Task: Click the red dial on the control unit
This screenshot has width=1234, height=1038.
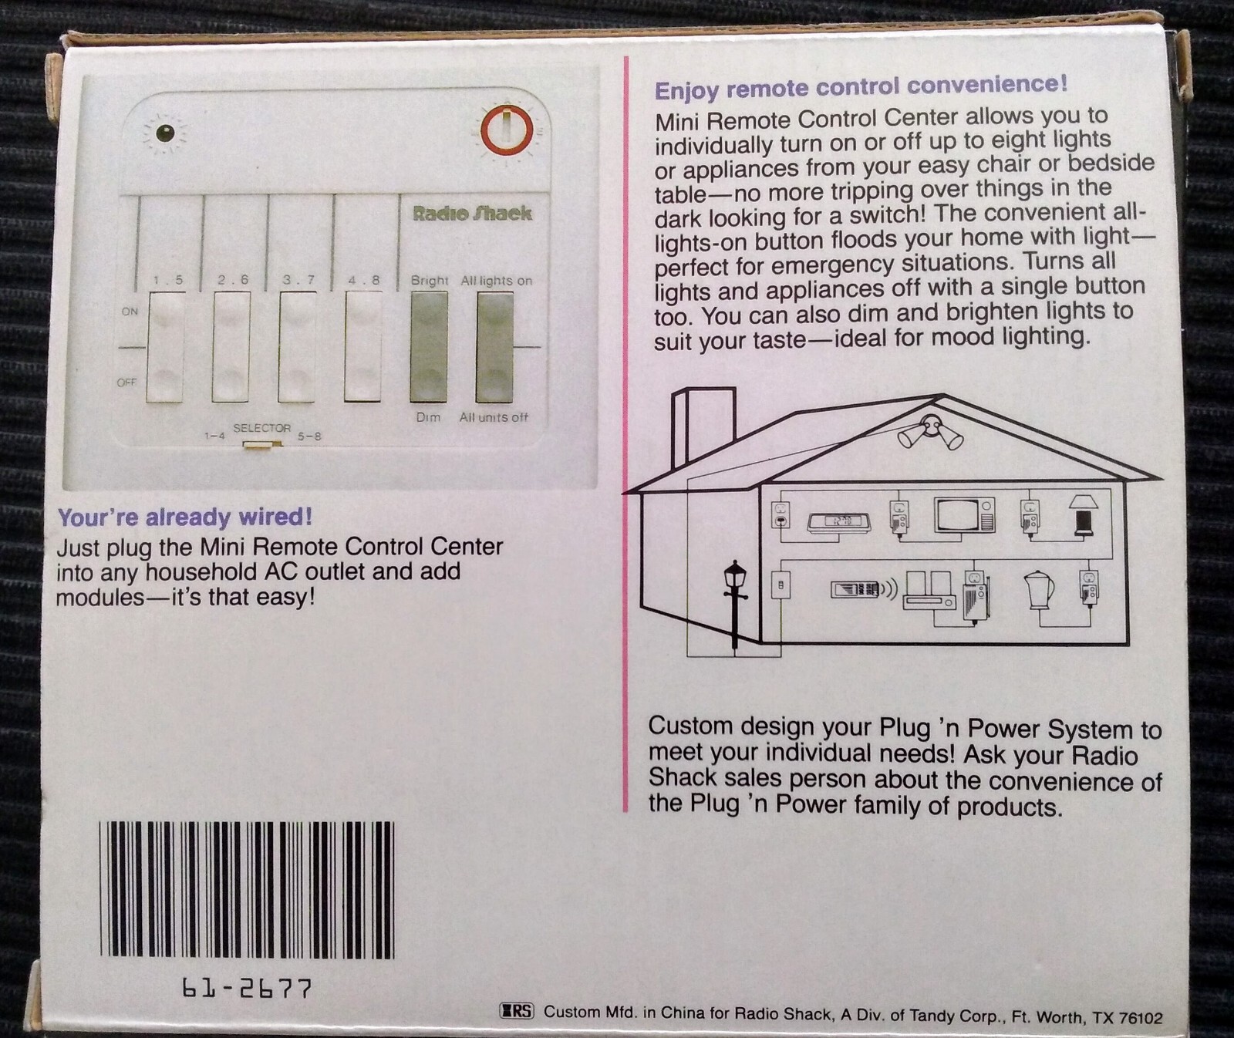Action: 507,130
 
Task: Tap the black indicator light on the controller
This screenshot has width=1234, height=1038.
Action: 165,133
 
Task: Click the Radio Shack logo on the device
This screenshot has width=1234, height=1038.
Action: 472,214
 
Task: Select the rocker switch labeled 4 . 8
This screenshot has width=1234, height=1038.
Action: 362,347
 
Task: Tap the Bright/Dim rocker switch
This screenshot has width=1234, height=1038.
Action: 429,347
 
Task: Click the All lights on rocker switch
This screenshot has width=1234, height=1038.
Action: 494,347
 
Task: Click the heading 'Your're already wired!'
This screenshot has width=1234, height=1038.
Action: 185,517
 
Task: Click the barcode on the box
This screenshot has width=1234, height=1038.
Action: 247,889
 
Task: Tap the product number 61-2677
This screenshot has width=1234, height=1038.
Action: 247,989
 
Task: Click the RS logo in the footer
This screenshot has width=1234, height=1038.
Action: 517,1011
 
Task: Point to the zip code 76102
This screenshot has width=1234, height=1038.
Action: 1139,1018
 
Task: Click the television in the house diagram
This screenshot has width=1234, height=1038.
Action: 964,515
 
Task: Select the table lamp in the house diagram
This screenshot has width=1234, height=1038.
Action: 1083,515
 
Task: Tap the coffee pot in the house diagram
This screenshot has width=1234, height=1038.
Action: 1038,590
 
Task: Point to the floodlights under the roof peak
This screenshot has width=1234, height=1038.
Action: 931,433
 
